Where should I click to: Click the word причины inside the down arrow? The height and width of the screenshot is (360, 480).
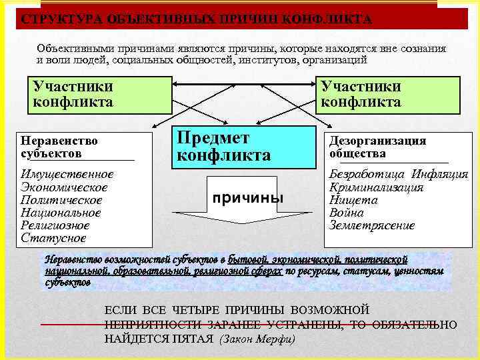pyautogui.click(x=247, y=199)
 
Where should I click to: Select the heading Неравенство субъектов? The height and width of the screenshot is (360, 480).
pyautogui.click(x=59, y=147)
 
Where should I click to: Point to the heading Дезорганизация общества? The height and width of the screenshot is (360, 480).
pyautogui.click(x=377, y=147)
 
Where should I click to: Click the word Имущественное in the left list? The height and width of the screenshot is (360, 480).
pyautogui.click(x=67, y=175)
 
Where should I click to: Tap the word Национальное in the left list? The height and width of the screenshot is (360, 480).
pyautogui.click(x=61, y=213)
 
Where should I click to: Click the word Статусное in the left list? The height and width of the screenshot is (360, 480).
pyautogui.click(x=53, y=238)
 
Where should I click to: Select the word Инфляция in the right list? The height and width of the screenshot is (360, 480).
pyautogui.click(x=440, y=175)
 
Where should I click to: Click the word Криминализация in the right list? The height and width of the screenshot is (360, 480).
pyautogui.click(x=377, y=187)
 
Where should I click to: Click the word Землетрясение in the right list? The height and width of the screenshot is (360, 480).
pyautogui.click(x=372, y=225)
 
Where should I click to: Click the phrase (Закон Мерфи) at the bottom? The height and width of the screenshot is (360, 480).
pyautogui.click(x=257, y=339)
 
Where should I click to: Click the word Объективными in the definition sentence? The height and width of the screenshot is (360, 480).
pyautogui.click(x=73, y=49)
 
